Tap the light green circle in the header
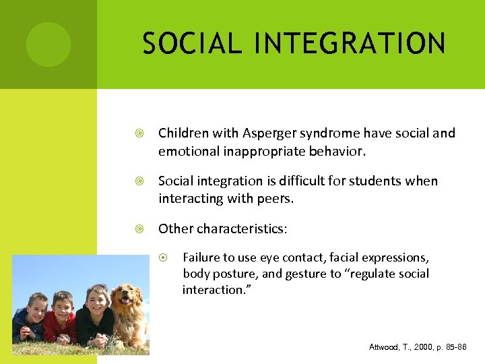click(48, 44)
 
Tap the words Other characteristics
click(222, 229)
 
